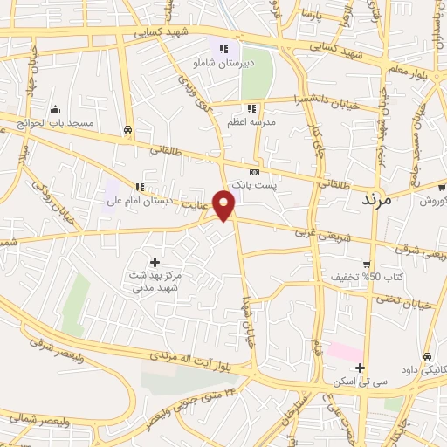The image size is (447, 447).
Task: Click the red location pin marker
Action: coord(225,204)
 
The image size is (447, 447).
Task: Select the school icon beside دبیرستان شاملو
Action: coord(223,50)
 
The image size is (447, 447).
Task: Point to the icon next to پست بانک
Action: coord(254,172)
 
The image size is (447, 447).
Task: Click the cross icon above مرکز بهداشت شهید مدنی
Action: coord(155,261)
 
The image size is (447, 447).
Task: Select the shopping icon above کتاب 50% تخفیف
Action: coord(368,265)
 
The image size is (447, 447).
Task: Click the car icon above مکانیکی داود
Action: coord(426,356)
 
